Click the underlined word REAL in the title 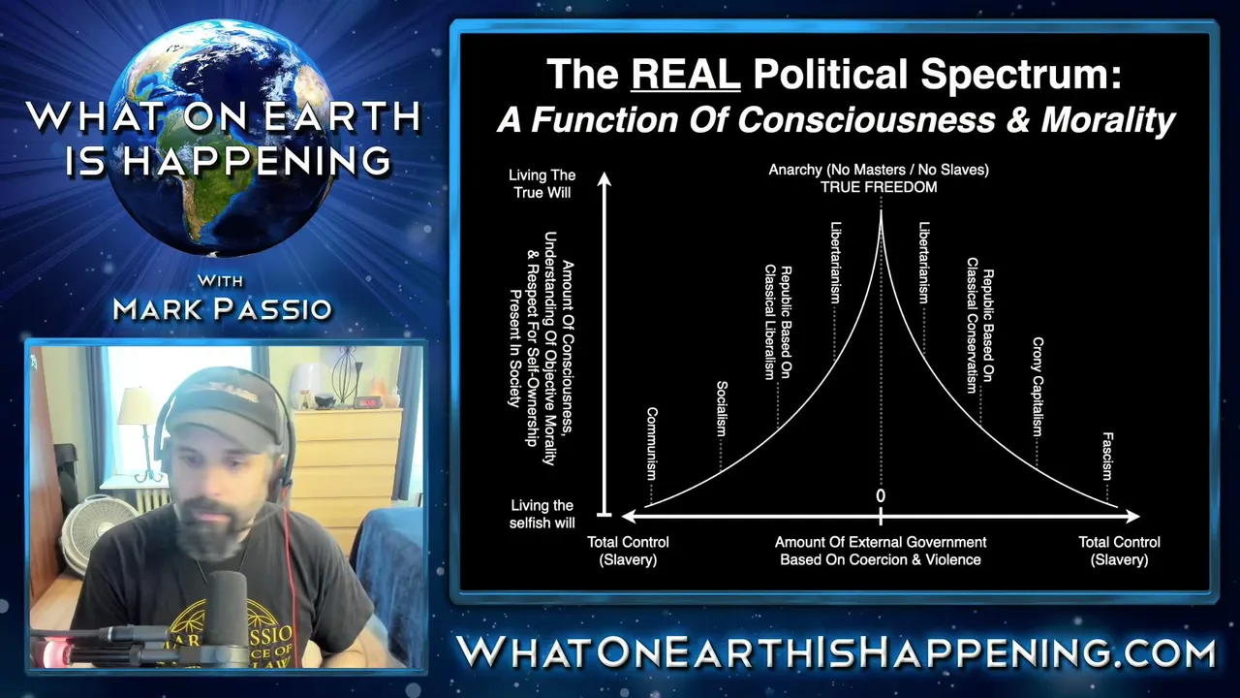685,75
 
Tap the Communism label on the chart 652,443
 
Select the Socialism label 722,408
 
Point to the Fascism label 1107,456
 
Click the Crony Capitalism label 1038,386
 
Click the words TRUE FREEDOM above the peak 879,187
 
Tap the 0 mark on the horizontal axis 881,495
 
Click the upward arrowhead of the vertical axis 604,179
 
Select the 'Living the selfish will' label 542,514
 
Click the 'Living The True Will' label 542,184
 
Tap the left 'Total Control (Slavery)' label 628,551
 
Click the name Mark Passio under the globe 222,309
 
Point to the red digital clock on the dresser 366,402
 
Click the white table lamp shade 135,406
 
